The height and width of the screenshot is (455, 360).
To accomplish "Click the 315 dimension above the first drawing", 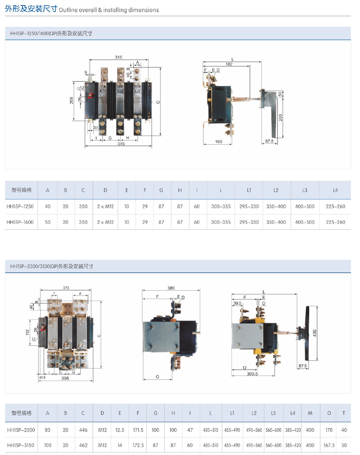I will (x=118, y=57).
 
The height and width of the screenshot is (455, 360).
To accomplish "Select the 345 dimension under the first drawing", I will (x=121, y=144).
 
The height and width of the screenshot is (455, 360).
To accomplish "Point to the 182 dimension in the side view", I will (x=229, y=64).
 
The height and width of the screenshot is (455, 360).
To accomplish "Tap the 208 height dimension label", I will (x=72, y=101).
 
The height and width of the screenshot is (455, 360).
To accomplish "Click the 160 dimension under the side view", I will (x=219, y=142).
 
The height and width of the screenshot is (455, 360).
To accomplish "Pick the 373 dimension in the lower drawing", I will (x=66, y=288).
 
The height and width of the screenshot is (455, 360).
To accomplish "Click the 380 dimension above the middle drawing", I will (x=171, y=288).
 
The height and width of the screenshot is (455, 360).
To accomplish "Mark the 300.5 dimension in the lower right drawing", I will (x=252, y=374).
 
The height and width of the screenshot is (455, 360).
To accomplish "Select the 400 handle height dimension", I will (x=315, y=333).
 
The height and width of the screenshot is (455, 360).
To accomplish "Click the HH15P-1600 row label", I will (x=20, y=222).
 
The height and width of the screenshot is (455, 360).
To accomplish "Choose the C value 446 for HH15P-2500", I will (x=83, y=430).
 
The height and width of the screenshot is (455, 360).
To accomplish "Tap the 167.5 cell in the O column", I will (x=329, y=445).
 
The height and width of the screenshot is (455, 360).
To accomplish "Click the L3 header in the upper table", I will (x=305, y=190).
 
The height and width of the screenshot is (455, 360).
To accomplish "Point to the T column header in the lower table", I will (x=344, y=413).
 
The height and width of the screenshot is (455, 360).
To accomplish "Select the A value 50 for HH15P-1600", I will (x=48, y=222).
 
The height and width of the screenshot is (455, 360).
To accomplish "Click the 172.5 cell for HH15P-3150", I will (x=138, y=445).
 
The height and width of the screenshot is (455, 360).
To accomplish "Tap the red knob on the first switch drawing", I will (x=91, y=96).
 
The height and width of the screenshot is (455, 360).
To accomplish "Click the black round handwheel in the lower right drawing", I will (x=308, y=333).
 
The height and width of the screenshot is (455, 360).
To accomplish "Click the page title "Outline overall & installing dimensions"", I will (x=109, y=10).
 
